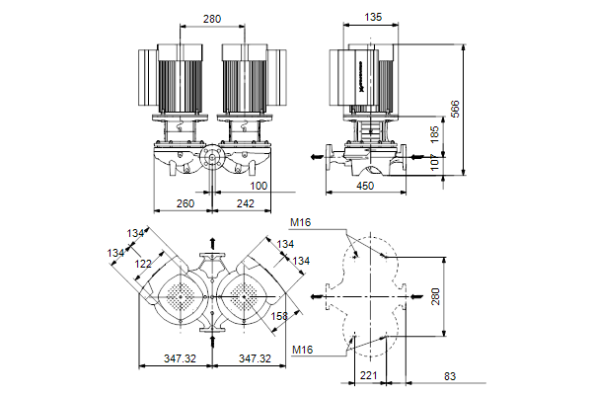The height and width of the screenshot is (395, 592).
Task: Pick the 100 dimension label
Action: pos(258,186)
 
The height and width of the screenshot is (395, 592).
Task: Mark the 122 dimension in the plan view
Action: pos(144,264)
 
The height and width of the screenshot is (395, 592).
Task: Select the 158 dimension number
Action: pos(279,316)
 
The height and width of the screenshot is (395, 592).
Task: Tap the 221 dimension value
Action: pos(368,375)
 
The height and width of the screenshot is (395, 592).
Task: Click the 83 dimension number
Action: pos(450,375)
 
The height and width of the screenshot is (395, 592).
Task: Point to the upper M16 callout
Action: pos(301,222)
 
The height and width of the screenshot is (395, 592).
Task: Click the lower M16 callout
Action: pos(303,350)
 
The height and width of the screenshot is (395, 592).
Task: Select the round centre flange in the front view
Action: pos(211,159)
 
